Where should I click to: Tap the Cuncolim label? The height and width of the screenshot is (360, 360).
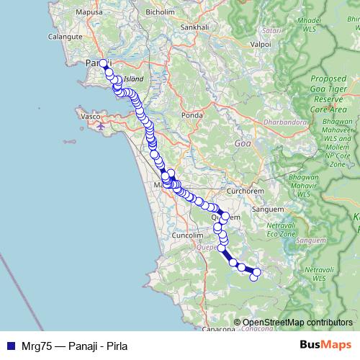(x=190, y=235)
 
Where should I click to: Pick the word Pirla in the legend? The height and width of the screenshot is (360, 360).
(x=106, y=346)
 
